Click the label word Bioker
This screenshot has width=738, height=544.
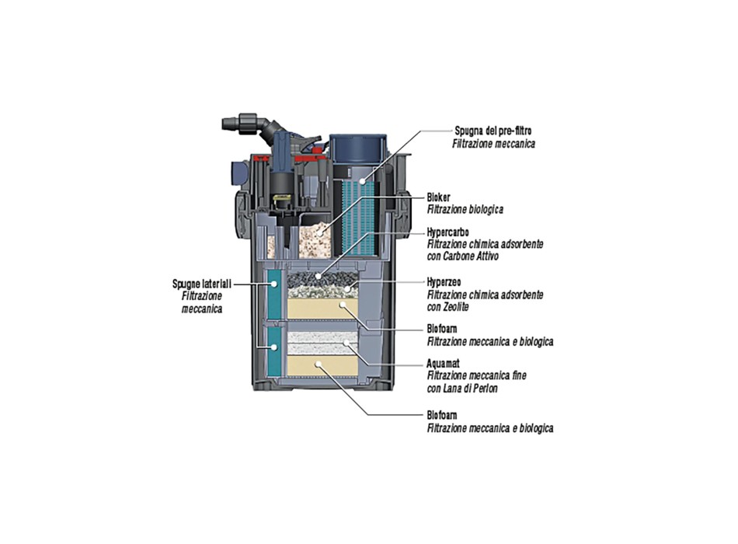click(x=440, y=198)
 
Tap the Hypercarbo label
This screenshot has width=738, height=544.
click(x=447, y=232)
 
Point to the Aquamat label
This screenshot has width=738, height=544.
click(x=444, y=363)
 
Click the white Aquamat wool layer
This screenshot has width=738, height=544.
click(x=322, y=340)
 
